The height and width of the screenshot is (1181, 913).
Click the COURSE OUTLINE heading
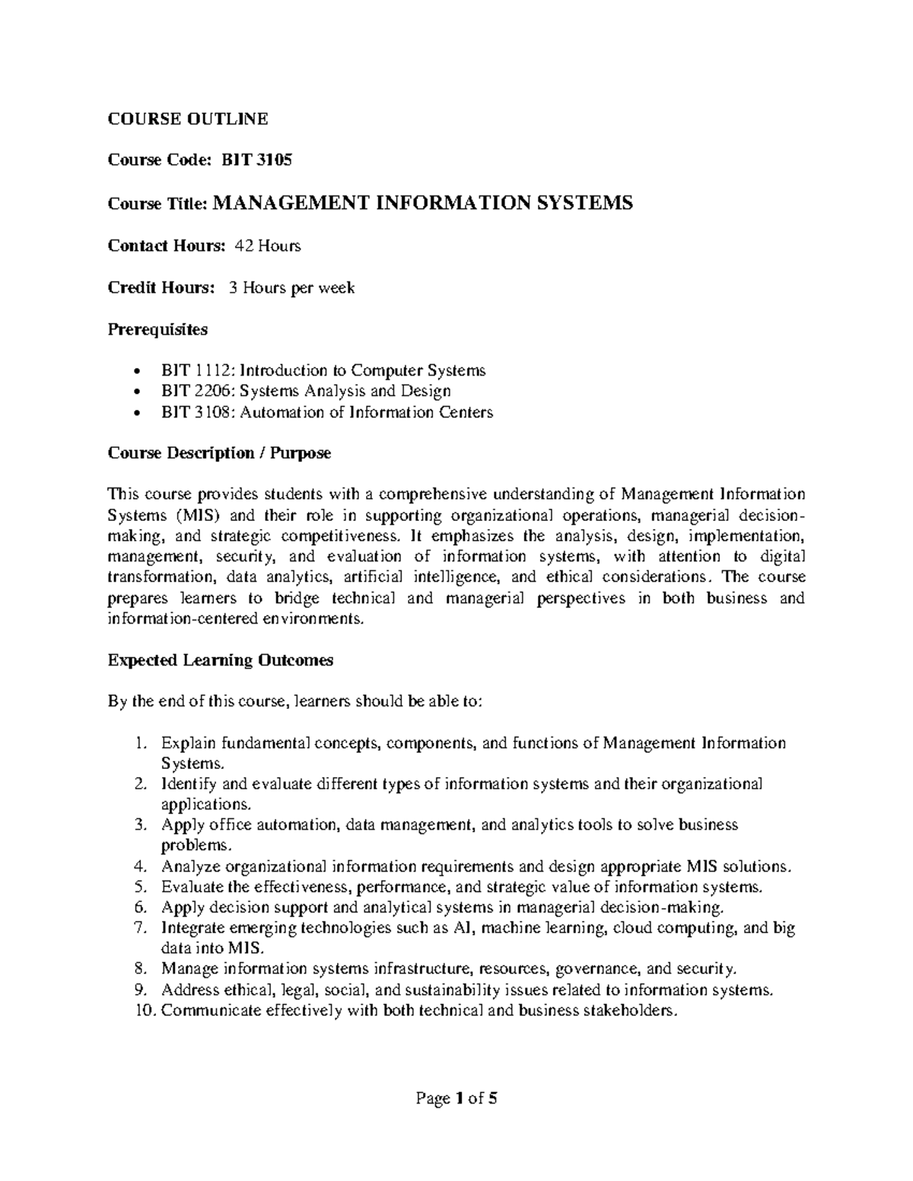pyautogui.click(x=187, y=118)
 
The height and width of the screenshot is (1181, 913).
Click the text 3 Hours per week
pyautogui.click(x=291, y=287)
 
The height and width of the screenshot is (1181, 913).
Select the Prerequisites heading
pyautogui.click(x=157, y=329)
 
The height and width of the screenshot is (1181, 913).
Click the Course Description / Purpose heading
pyautogui.click(x=219, y=453)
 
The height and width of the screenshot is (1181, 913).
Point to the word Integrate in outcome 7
pyautogui.click(x=192, y=928)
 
